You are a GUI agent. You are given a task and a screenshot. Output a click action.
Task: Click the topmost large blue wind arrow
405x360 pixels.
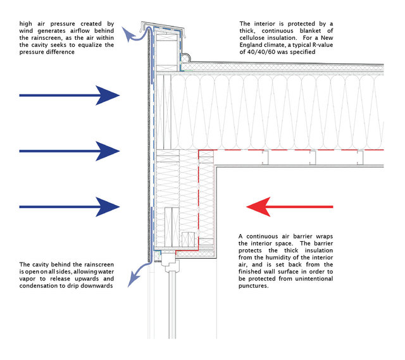click(x=70, y=96)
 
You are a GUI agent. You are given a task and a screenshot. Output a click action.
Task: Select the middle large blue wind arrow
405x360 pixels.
click(x=70, y=151)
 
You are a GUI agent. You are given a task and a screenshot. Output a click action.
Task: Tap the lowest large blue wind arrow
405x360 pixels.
click(x=70, y=206)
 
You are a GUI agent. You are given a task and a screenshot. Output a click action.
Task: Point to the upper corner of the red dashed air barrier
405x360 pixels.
click(x=199, y=151)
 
